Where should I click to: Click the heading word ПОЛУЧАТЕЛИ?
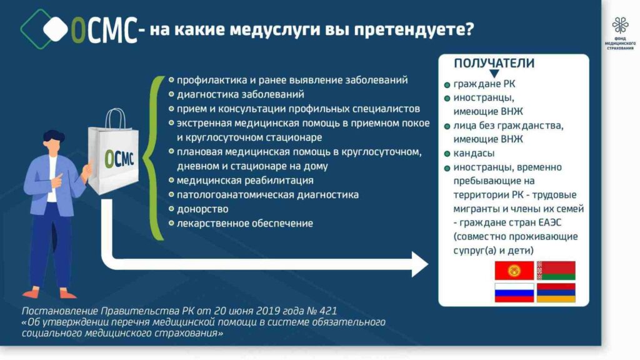point(494,63)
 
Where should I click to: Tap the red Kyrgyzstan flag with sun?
point(514,271)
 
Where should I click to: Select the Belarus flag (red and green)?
point(556,271)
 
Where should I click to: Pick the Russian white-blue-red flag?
point(514,292)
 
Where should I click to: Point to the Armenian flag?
point(556,292)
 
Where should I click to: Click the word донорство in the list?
point(202,209)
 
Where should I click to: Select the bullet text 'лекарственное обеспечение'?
point(245,223)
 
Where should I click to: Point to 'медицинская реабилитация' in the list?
point(245,181)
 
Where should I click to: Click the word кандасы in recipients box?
point(474,154)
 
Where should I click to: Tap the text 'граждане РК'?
point(484,84)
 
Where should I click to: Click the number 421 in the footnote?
point(329,311)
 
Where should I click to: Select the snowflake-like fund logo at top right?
point(620,25)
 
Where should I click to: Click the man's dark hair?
point(54,136)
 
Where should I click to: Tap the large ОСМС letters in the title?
point(104,30)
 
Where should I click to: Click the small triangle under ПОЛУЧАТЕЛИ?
point(494,74)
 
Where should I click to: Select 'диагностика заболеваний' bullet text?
point(241,94)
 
